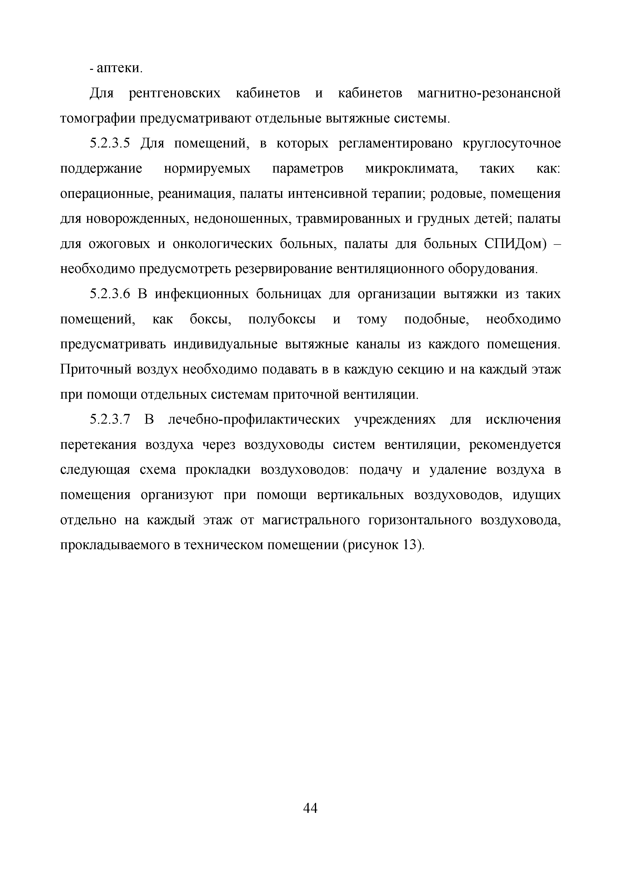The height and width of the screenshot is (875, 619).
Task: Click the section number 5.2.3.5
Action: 110,144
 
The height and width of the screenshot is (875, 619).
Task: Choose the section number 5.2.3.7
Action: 110,420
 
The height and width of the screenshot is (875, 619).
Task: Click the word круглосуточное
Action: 511,144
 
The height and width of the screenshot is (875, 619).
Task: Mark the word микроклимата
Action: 412,169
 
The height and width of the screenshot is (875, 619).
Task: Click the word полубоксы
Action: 282,319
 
